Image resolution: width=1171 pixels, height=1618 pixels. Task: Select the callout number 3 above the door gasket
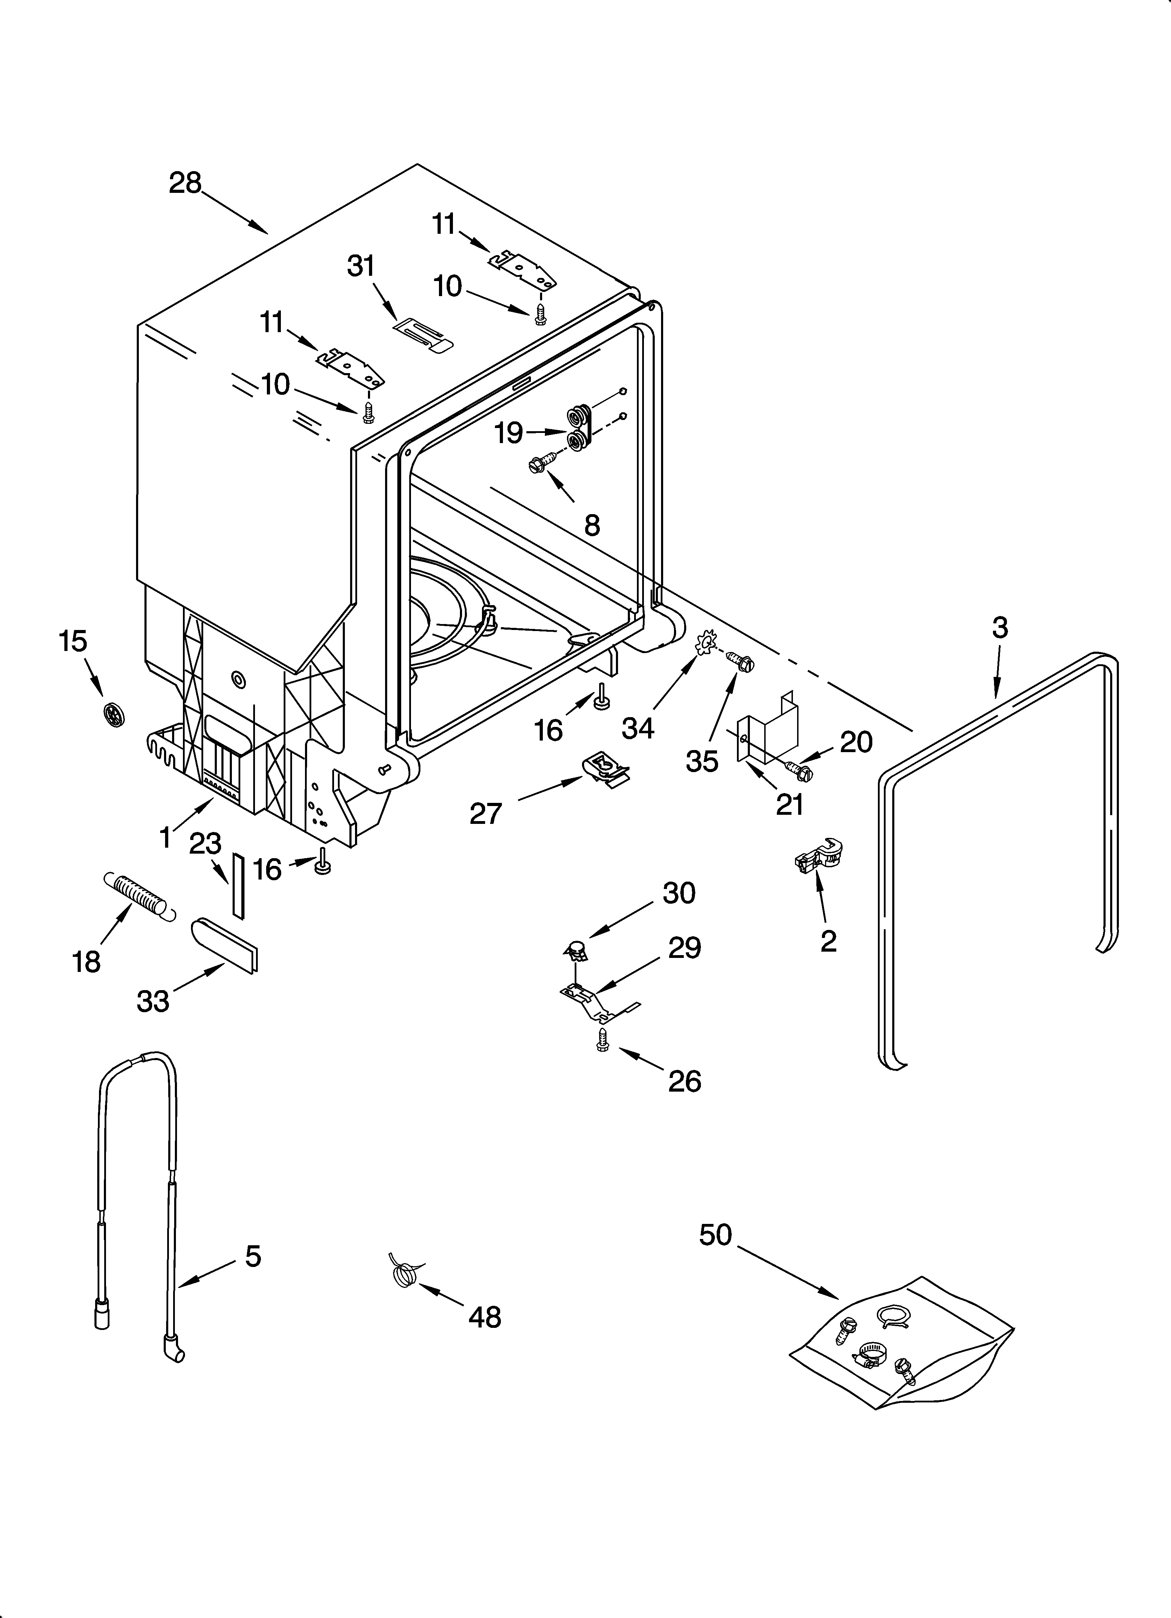(1000, 628)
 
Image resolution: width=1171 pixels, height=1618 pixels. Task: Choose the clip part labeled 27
(606, 770)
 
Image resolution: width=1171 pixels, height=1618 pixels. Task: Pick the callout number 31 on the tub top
(361, 266)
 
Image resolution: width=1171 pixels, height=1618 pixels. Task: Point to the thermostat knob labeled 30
(577, 950)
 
